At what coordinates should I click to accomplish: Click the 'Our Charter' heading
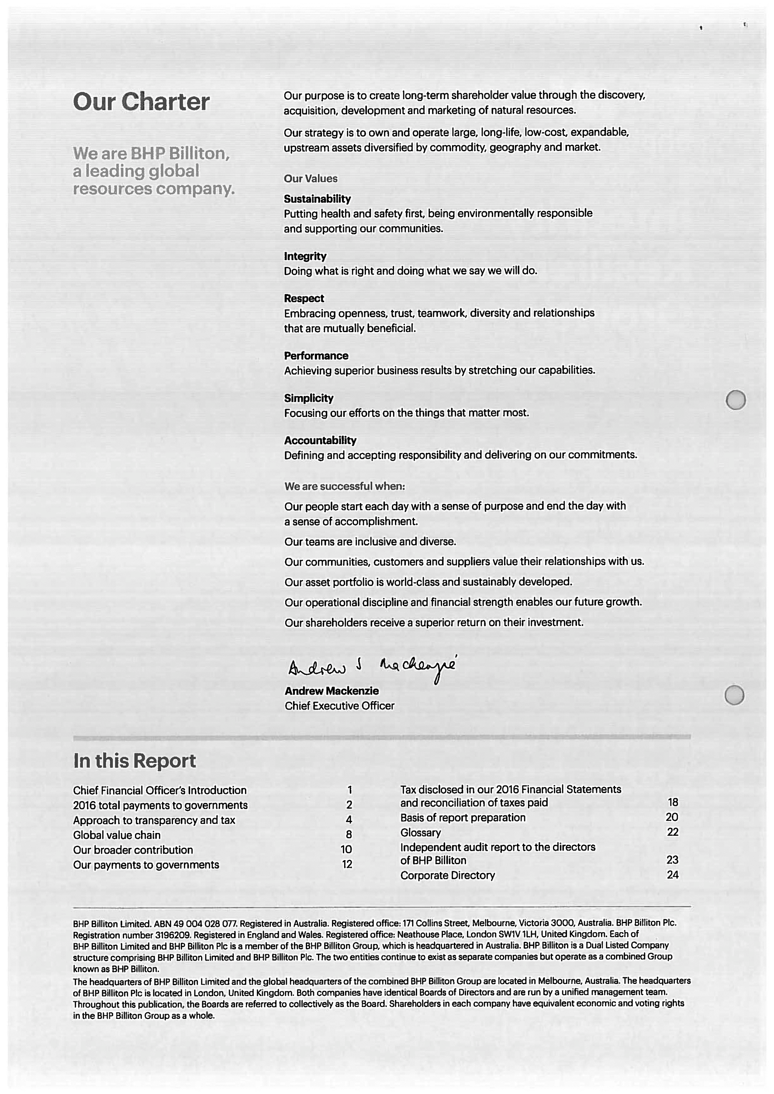click(141, 102)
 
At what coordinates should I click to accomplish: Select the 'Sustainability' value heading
click(317, 199)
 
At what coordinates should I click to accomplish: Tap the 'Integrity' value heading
click(305, 256)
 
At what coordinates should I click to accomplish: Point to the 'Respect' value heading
click(304, 299)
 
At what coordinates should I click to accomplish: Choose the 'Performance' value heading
click(316, 356)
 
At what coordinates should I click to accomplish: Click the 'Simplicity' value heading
click(308, 398)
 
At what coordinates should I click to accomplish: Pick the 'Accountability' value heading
click(320, 440)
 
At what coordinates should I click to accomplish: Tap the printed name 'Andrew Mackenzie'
click(331, 691)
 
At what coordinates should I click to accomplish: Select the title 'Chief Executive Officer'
click(339, 706)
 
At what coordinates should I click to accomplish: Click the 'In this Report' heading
click(135, 761)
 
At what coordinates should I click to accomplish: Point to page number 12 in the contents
click(346, 864)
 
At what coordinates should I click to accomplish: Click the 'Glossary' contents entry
click(420, 833)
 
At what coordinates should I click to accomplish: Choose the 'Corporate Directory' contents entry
click(447, 875)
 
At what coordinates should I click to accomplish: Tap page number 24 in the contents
click(672, 875)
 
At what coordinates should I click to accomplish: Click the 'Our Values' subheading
click(310, 179)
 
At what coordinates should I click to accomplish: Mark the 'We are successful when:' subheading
click(344, 486)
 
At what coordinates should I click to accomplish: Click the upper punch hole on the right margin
click(736, 399)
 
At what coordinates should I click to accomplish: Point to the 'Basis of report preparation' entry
click(462, 818)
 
